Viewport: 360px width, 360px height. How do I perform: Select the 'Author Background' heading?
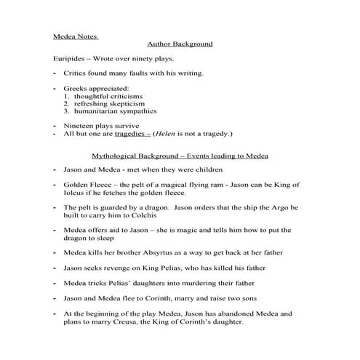click(180, 44)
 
